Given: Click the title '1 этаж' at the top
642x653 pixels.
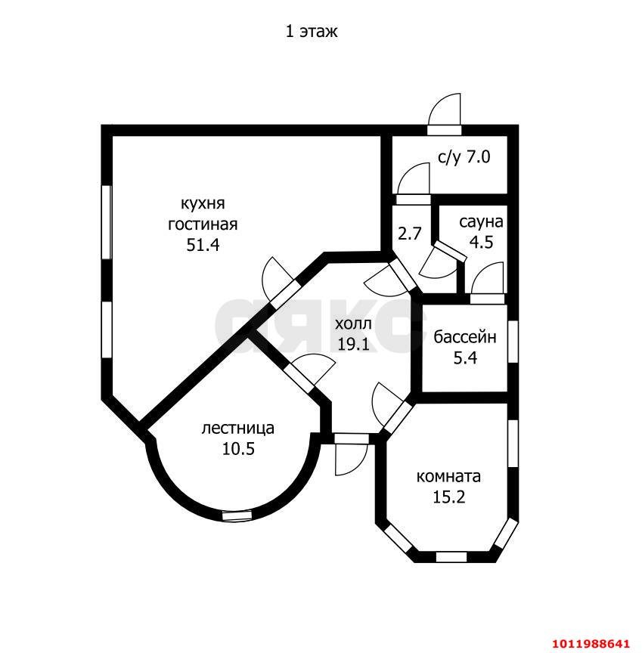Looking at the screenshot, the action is tap(312, 32).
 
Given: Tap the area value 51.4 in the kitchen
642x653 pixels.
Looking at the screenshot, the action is tap(203, 245).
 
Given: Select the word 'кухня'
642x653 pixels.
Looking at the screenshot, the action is tap(203, 204).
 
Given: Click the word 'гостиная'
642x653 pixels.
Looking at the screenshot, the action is tap(203, 224).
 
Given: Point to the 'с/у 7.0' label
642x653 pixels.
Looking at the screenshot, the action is tap(464, 157).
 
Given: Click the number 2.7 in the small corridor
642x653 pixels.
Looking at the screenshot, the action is tap(410, 234).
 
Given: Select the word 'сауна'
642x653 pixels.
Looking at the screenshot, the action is tap(481, 222).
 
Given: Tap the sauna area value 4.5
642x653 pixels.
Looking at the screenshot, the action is tap(482, 242).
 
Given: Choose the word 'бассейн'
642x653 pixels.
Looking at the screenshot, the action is tap(465, 337).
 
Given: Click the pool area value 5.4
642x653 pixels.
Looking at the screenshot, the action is tap(465, 357).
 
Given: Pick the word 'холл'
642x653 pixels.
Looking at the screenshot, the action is tap(353, 323).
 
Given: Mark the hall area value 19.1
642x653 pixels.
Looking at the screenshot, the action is tap(353, 344).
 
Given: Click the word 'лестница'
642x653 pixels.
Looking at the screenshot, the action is tap(238, 429).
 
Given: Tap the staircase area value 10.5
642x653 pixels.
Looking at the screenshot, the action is tap(238, 449).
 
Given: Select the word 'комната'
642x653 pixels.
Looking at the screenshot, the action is tap(448, 476).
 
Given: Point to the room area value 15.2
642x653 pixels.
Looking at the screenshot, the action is tap(449, 497).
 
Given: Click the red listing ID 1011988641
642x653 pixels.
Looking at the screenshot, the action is tap(591, 643).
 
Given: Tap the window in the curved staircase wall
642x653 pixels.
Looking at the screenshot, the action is tap(237, 515).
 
